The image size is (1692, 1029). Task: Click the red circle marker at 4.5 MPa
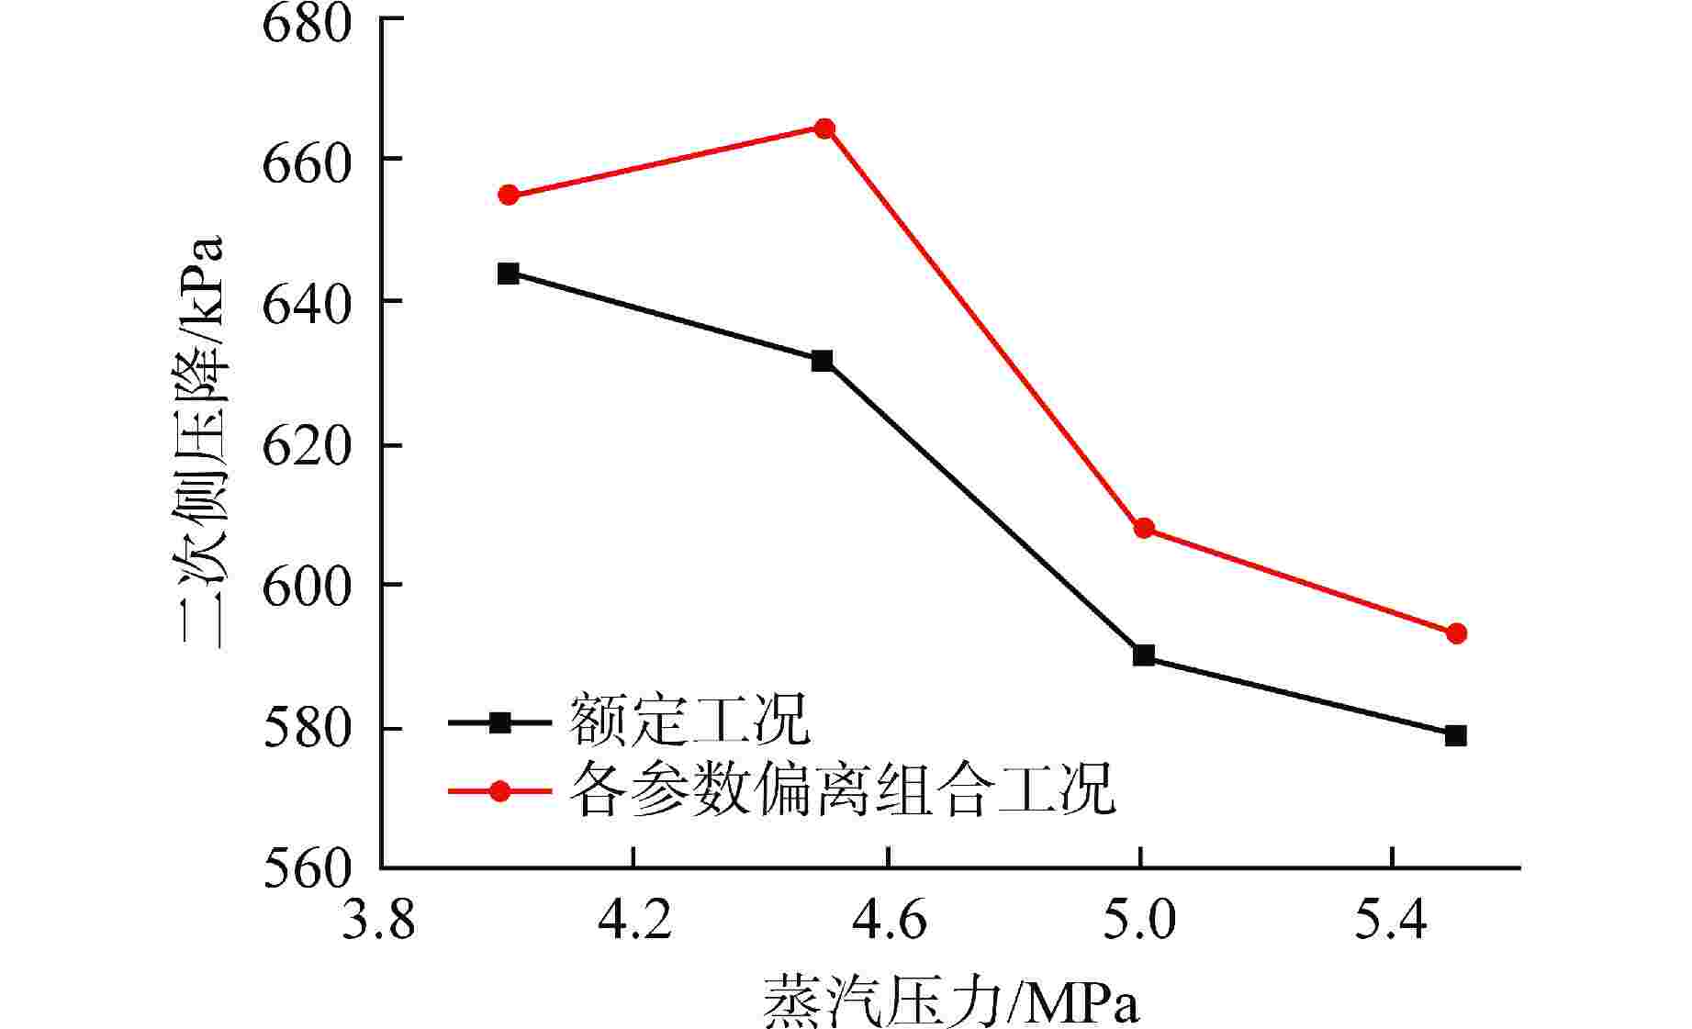coord(824,128)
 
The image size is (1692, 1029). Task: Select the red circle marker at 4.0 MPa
coord(509,196)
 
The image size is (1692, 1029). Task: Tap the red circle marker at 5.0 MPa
coord(1144,528)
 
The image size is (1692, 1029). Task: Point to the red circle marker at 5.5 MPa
coord(1456,634)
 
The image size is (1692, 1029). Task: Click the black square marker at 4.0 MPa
coord(509,274)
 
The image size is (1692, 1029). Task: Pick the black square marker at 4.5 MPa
coord(823,361)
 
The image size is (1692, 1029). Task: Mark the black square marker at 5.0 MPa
coord(1144,655)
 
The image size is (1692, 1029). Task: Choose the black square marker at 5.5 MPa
coord(1456,735)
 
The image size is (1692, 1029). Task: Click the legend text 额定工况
coord(689,721)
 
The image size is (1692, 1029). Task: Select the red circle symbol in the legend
coord(499,790)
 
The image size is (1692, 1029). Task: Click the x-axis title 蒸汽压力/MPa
coord(950,1002)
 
